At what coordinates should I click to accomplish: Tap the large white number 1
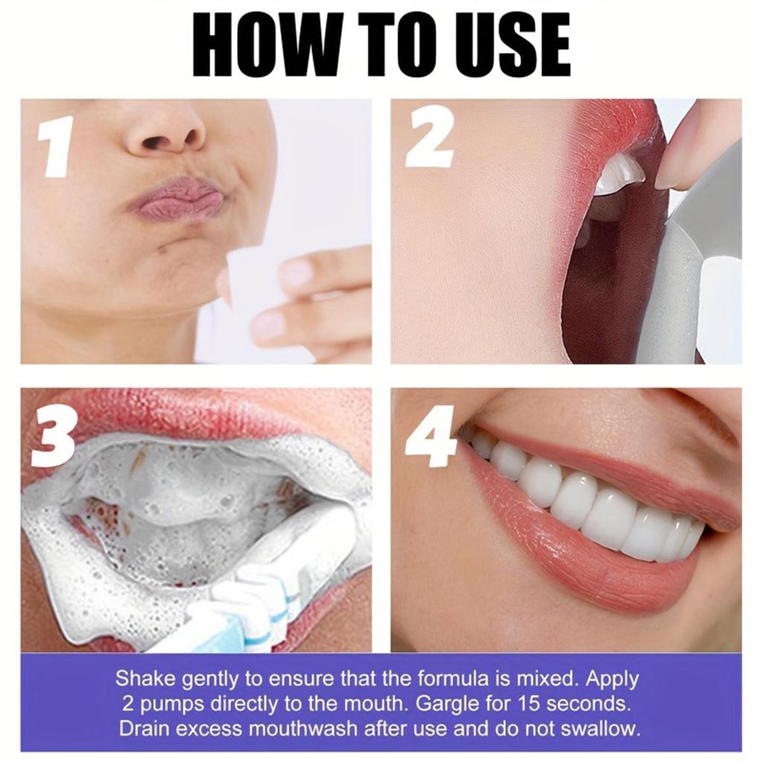(55, 146)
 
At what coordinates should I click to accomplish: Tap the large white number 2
(430, 139)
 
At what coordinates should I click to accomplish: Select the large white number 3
(53, 435)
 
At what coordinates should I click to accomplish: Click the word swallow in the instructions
(599, 729)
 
